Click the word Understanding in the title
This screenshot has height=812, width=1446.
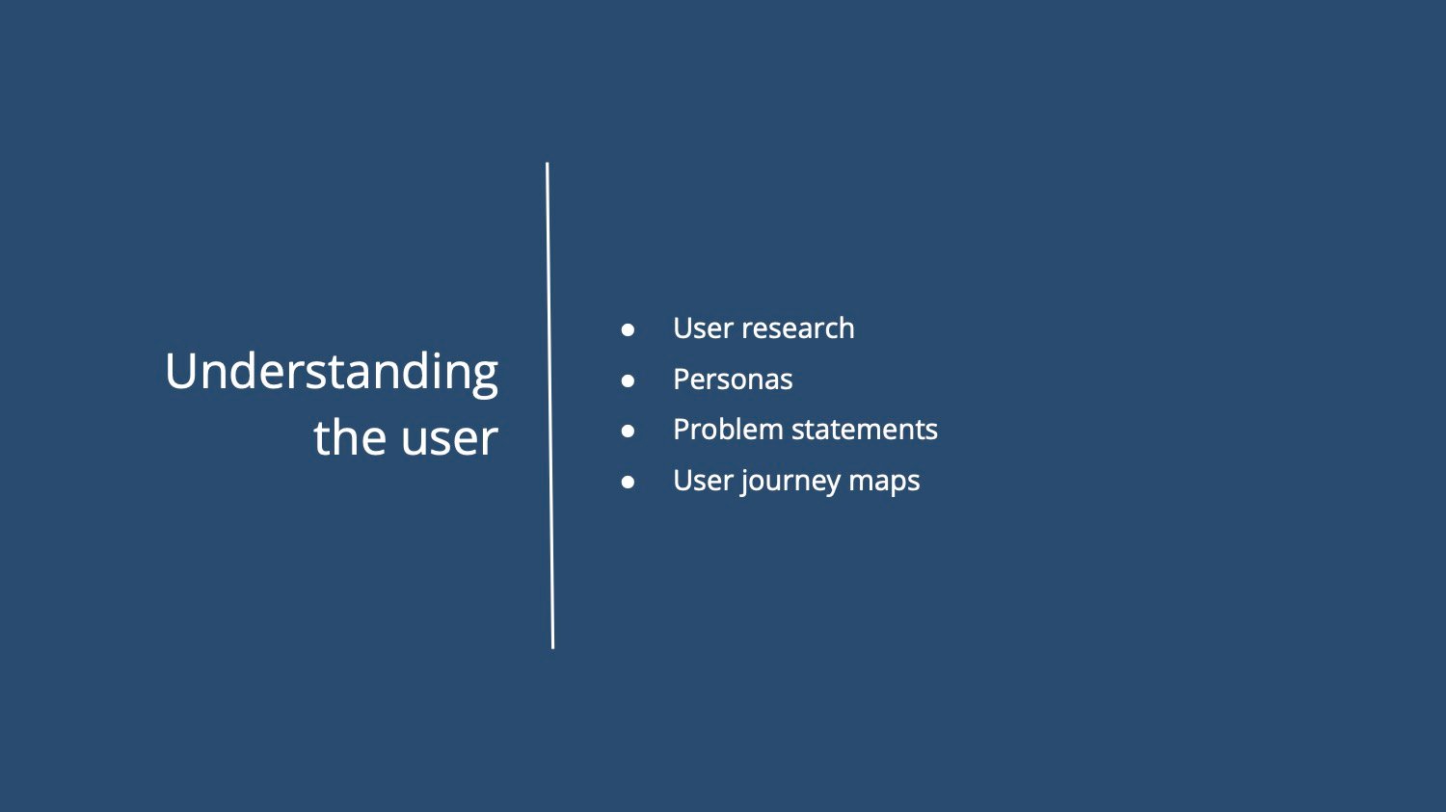(332, 374)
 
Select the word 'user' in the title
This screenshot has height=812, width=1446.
(450, 440)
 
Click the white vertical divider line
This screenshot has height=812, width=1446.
(550, 406)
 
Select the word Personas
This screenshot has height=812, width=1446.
(733, 380)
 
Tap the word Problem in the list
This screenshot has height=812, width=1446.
(728, 430)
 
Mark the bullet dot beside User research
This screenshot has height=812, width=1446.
(628, 330)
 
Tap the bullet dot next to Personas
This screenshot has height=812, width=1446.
(628, 380)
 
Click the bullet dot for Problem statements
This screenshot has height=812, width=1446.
(628, 431)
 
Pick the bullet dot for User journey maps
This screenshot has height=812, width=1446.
(628, 482)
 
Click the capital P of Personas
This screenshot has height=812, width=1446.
(683, 380)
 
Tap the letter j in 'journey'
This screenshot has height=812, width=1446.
(743, 482)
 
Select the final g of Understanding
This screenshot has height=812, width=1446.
(485, 380)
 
